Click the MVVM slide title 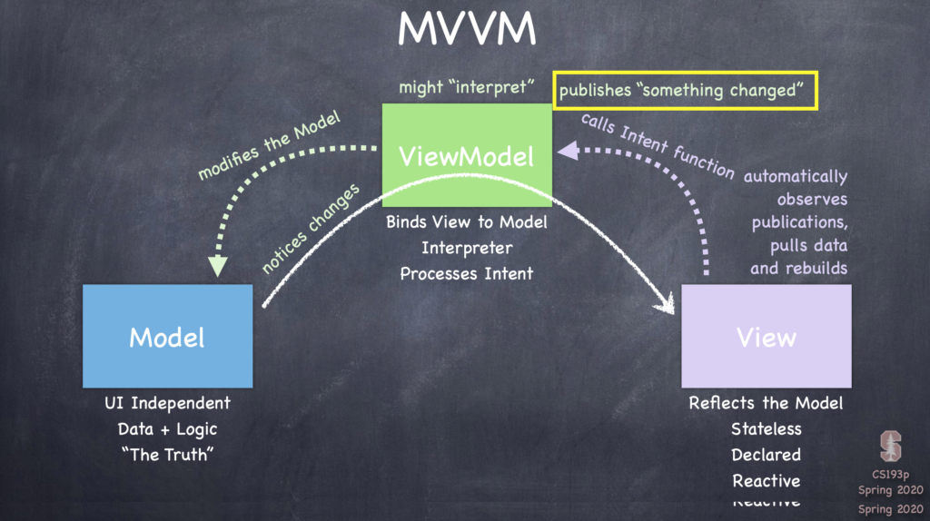pos(466,30)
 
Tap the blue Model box pos(167,337)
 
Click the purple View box pos(766,337)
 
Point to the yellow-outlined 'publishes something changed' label pos(685,91)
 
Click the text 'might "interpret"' pos(466,88)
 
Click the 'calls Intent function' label pos(658,145)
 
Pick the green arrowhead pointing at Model pos(217,266)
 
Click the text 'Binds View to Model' pos(466,222)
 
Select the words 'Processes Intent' pos(466,273)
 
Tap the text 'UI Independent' pos(167,403)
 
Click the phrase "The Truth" pos(167,454)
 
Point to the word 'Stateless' pos(766,428)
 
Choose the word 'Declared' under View pos(766,455)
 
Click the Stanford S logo pos(891,446)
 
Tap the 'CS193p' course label pos(890,475)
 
